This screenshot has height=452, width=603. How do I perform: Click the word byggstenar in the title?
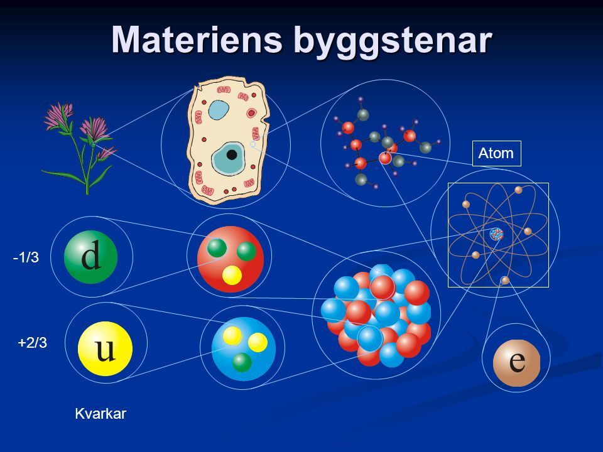point(389,40)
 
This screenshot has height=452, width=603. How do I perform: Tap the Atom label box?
point(496,153)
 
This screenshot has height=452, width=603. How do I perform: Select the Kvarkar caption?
point(100,413)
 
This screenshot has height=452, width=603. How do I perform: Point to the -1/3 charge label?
point(26,257)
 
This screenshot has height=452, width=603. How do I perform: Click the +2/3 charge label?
point(32,343)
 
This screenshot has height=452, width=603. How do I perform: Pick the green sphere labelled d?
point(91,257)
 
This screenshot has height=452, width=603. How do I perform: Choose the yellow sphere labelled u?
point(105,349)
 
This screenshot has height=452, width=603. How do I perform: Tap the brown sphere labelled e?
point(516,362)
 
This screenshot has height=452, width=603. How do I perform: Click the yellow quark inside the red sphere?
point(232,276)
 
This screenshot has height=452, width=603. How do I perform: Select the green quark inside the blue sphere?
point(242,362)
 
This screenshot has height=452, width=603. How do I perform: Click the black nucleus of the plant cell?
point(232,154)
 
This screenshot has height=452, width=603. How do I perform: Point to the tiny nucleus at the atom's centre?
point(497,234)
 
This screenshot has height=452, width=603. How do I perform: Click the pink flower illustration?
point(79,144)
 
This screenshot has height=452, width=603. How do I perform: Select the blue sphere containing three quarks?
point(244,348)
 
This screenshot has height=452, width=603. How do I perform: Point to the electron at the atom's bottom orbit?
point(505,281)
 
